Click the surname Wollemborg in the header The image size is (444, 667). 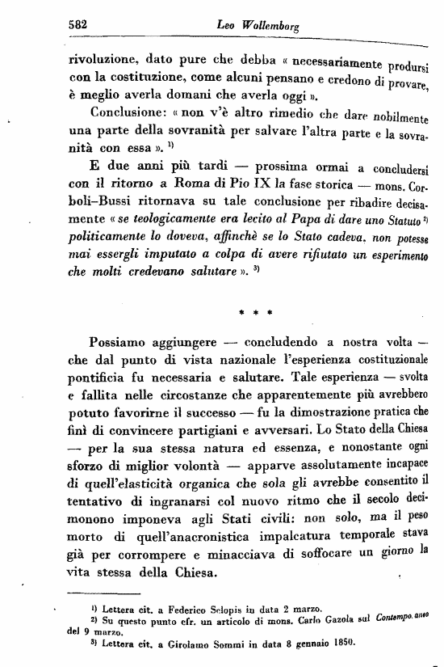point(270,26)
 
